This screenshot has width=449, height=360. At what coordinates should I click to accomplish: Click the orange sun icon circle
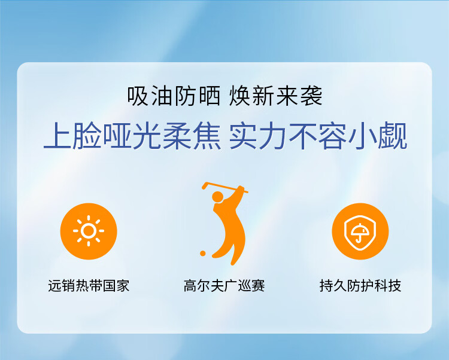point(89,231)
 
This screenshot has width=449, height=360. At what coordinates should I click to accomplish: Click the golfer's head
point(217,197)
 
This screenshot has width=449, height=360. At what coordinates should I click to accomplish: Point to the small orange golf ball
point(203,253)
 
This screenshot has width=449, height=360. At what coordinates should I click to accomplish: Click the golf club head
point(205,185)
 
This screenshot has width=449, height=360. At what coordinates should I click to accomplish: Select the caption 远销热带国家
point(89,285)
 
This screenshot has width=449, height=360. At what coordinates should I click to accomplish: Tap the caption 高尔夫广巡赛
point(224,285)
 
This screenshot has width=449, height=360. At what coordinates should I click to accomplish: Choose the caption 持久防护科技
point(360,285)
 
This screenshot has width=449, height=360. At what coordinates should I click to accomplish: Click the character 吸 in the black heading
point(138,96)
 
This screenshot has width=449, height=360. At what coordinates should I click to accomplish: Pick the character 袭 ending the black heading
point(311,96)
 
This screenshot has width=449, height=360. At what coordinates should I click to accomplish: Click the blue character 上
point(58,135)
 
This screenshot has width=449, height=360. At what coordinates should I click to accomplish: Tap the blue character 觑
point(392,135)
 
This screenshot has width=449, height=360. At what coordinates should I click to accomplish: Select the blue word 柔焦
point(192,135)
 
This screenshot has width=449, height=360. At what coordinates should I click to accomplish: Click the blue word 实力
point(257,135)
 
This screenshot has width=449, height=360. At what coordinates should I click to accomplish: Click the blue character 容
point(332,135)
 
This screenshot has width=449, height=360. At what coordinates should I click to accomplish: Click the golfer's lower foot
point(233,261)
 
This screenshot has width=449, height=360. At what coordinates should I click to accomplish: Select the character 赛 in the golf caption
point(258,285)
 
